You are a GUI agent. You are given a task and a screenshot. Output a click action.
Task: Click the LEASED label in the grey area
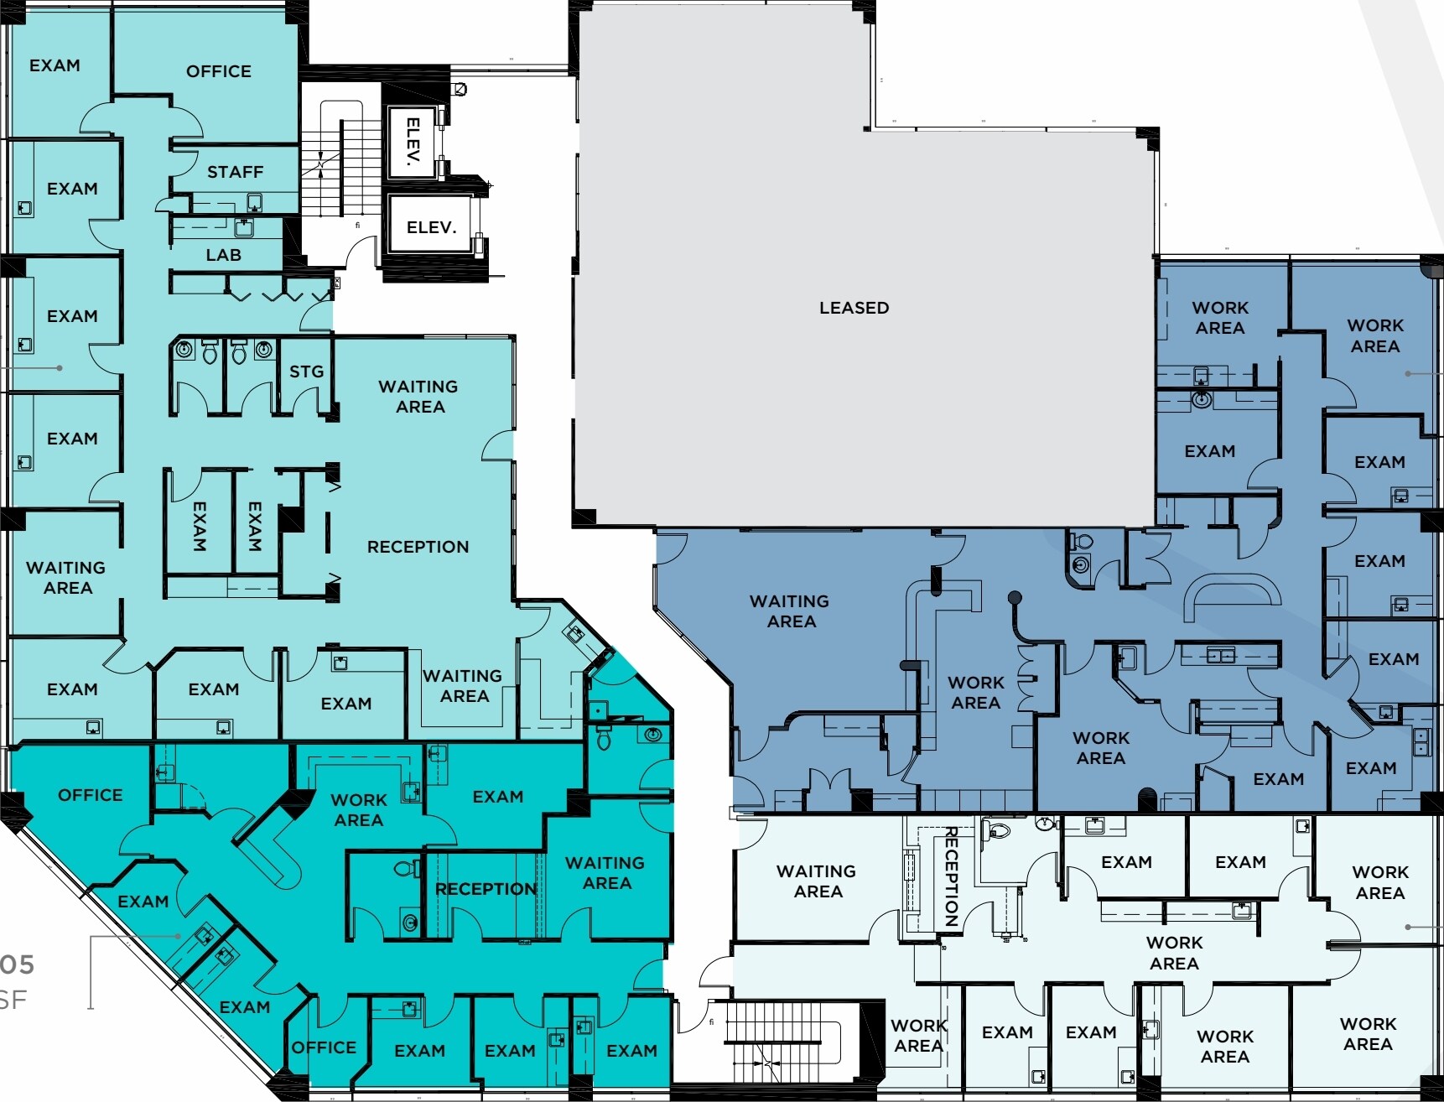coord(854,308)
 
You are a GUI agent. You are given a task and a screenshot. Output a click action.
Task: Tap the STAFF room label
coord(235,172)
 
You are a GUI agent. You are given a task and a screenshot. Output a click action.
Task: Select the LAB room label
coord(223,255)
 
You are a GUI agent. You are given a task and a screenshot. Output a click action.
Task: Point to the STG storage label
coord(306,372)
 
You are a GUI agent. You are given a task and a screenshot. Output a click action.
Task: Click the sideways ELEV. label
coord(413,143)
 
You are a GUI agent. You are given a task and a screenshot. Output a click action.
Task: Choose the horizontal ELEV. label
coord(431,227)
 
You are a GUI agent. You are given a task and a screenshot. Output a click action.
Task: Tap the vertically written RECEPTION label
coord(952,876)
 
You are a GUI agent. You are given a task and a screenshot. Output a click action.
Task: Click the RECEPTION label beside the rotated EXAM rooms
coord(418,547)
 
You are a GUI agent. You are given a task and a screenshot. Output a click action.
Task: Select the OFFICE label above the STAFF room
coord(218,71)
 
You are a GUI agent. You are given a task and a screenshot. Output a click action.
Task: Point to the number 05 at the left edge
coord(17,964)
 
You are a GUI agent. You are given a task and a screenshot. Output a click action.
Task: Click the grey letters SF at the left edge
coord(13,1000)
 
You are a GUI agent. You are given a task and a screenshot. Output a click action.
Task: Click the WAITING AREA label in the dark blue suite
coord(789,611)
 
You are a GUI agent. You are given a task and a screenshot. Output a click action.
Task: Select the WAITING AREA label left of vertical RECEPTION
coord(816,881)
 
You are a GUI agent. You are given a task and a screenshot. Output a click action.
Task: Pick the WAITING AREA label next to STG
coord(418,397)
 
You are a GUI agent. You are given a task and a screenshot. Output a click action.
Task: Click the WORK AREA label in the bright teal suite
coord(359,810)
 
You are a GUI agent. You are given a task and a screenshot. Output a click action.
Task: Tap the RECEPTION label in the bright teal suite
coord(486,889)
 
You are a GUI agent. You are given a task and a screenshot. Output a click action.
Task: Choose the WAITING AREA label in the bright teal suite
coord(605,873)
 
